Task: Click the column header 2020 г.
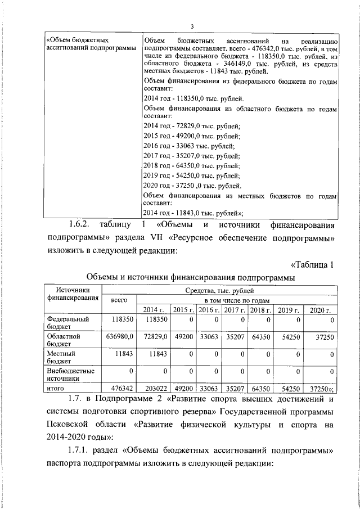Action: click(x=319, y=310)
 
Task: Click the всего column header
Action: click(x=119, y=300)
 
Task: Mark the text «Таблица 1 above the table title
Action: click(x=314, y=264)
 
